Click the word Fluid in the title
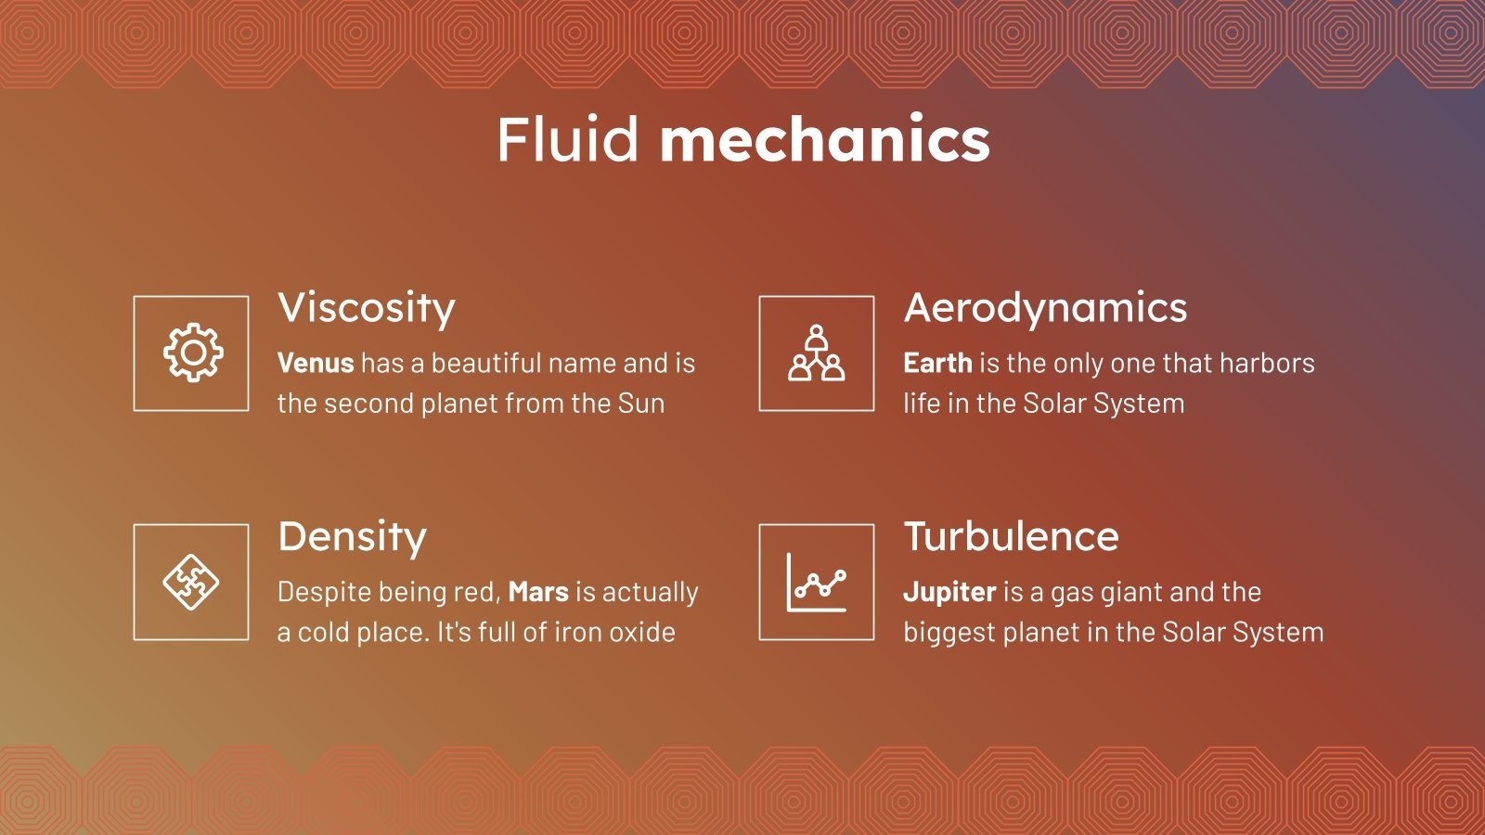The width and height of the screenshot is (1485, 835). coord(567,140)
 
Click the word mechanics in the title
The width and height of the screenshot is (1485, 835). coord(824,140)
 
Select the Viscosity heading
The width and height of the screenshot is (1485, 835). coord(367,308)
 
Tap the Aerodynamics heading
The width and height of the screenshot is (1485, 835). coord(1045,308)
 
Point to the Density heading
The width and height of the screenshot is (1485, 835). coord(352,537)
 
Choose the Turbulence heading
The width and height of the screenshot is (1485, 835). coord(1011,536)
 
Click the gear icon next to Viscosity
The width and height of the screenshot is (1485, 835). coord(192,353)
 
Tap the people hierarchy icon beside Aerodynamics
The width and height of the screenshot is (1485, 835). coord(816,353)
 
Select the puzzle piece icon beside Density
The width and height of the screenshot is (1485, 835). coord(191,582)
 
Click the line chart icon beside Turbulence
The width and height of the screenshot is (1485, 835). coord(816,582)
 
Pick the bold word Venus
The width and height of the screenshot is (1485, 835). coord(316,363)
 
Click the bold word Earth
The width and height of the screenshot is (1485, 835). coord(937,363)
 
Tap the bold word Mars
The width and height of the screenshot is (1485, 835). coord(538,592)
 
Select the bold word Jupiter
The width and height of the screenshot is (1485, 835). coord(949,592)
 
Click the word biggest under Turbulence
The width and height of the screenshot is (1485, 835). coord(950,633)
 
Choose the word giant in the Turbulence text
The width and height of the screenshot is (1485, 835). coord(1130,592)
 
